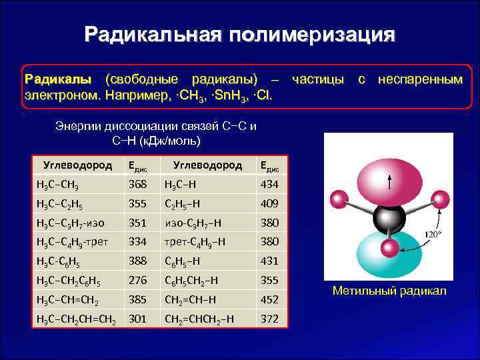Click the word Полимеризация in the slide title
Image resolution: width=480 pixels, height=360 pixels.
[x=313, y=35]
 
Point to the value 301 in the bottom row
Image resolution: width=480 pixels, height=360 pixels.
[x=137, y=319]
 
